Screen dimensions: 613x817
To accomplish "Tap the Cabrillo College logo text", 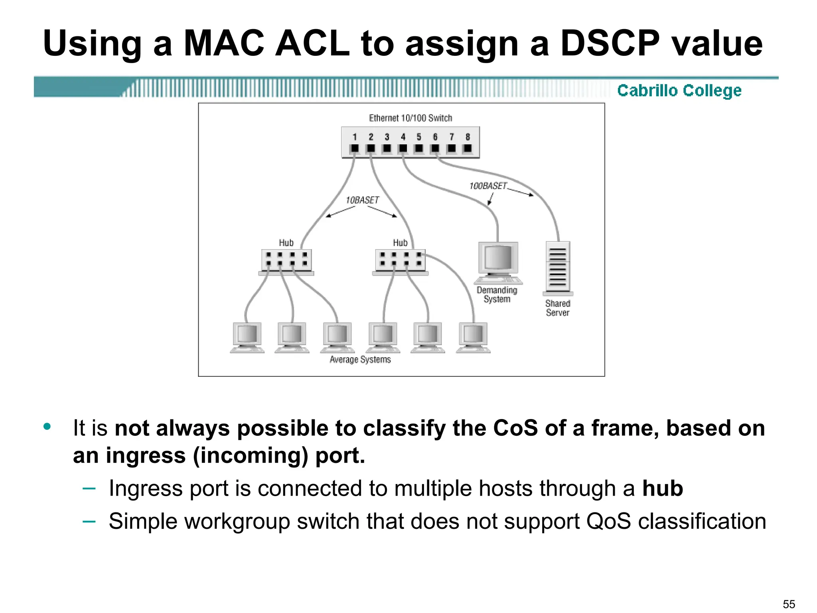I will tap(679, 91).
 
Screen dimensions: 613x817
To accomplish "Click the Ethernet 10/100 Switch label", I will tap(410, 118).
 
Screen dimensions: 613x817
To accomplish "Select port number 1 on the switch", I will tap(354, 137).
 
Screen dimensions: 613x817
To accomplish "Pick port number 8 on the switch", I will tap(468, 137).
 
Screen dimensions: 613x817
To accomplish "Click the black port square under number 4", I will tap(403, 148).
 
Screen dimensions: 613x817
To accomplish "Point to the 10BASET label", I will tap(362, 200).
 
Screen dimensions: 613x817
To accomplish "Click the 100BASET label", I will tap(487, 186).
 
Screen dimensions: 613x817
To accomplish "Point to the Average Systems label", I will tap(360, 360).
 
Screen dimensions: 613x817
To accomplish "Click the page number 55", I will tap(789, 604).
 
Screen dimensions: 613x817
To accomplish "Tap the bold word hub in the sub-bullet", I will tap(662, 488).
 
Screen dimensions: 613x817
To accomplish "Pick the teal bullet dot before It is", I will tap(47, 426).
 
